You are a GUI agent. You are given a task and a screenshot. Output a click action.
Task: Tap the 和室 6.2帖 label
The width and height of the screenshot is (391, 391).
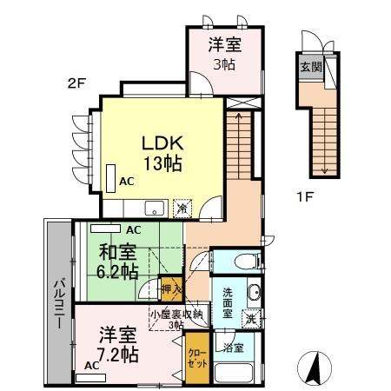[117, 262]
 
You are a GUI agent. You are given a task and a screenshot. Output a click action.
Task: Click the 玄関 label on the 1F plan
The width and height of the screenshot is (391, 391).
[308, 68]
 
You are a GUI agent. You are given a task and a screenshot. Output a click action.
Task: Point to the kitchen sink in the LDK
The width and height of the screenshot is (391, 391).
[153, 208]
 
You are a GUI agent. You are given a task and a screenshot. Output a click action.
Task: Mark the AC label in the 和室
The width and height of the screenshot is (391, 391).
[133, 230]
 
